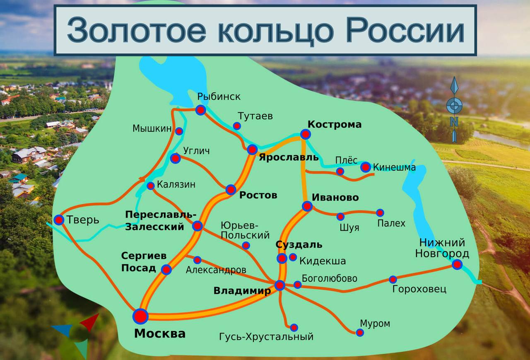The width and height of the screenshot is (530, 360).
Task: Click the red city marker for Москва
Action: click(140, 316)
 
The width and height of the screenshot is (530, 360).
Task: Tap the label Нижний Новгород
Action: click(442, 248)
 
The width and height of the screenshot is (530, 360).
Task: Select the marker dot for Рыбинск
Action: click(200, 110)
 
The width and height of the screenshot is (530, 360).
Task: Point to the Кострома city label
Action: click(335, 124)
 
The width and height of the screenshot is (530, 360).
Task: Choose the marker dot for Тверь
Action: click(59, 220)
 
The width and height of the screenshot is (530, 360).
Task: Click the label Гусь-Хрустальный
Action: click(266, 336)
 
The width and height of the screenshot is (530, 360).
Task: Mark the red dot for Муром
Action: click(360, 332)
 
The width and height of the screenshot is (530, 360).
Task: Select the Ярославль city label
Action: click(289, 157)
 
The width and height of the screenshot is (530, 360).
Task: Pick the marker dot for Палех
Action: click(380, 213)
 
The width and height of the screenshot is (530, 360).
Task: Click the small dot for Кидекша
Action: click(293, 257)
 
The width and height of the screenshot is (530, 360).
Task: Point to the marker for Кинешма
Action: click(365, 167)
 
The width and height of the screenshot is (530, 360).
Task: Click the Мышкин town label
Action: click(152, 128)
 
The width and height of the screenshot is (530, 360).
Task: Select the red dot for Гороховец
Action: click(393, 279)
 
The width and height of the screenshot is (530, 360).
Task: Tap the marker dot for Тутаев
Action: click(237, 126)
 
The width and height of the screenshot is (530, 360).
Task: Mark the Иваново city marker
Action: click(307, 206)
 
